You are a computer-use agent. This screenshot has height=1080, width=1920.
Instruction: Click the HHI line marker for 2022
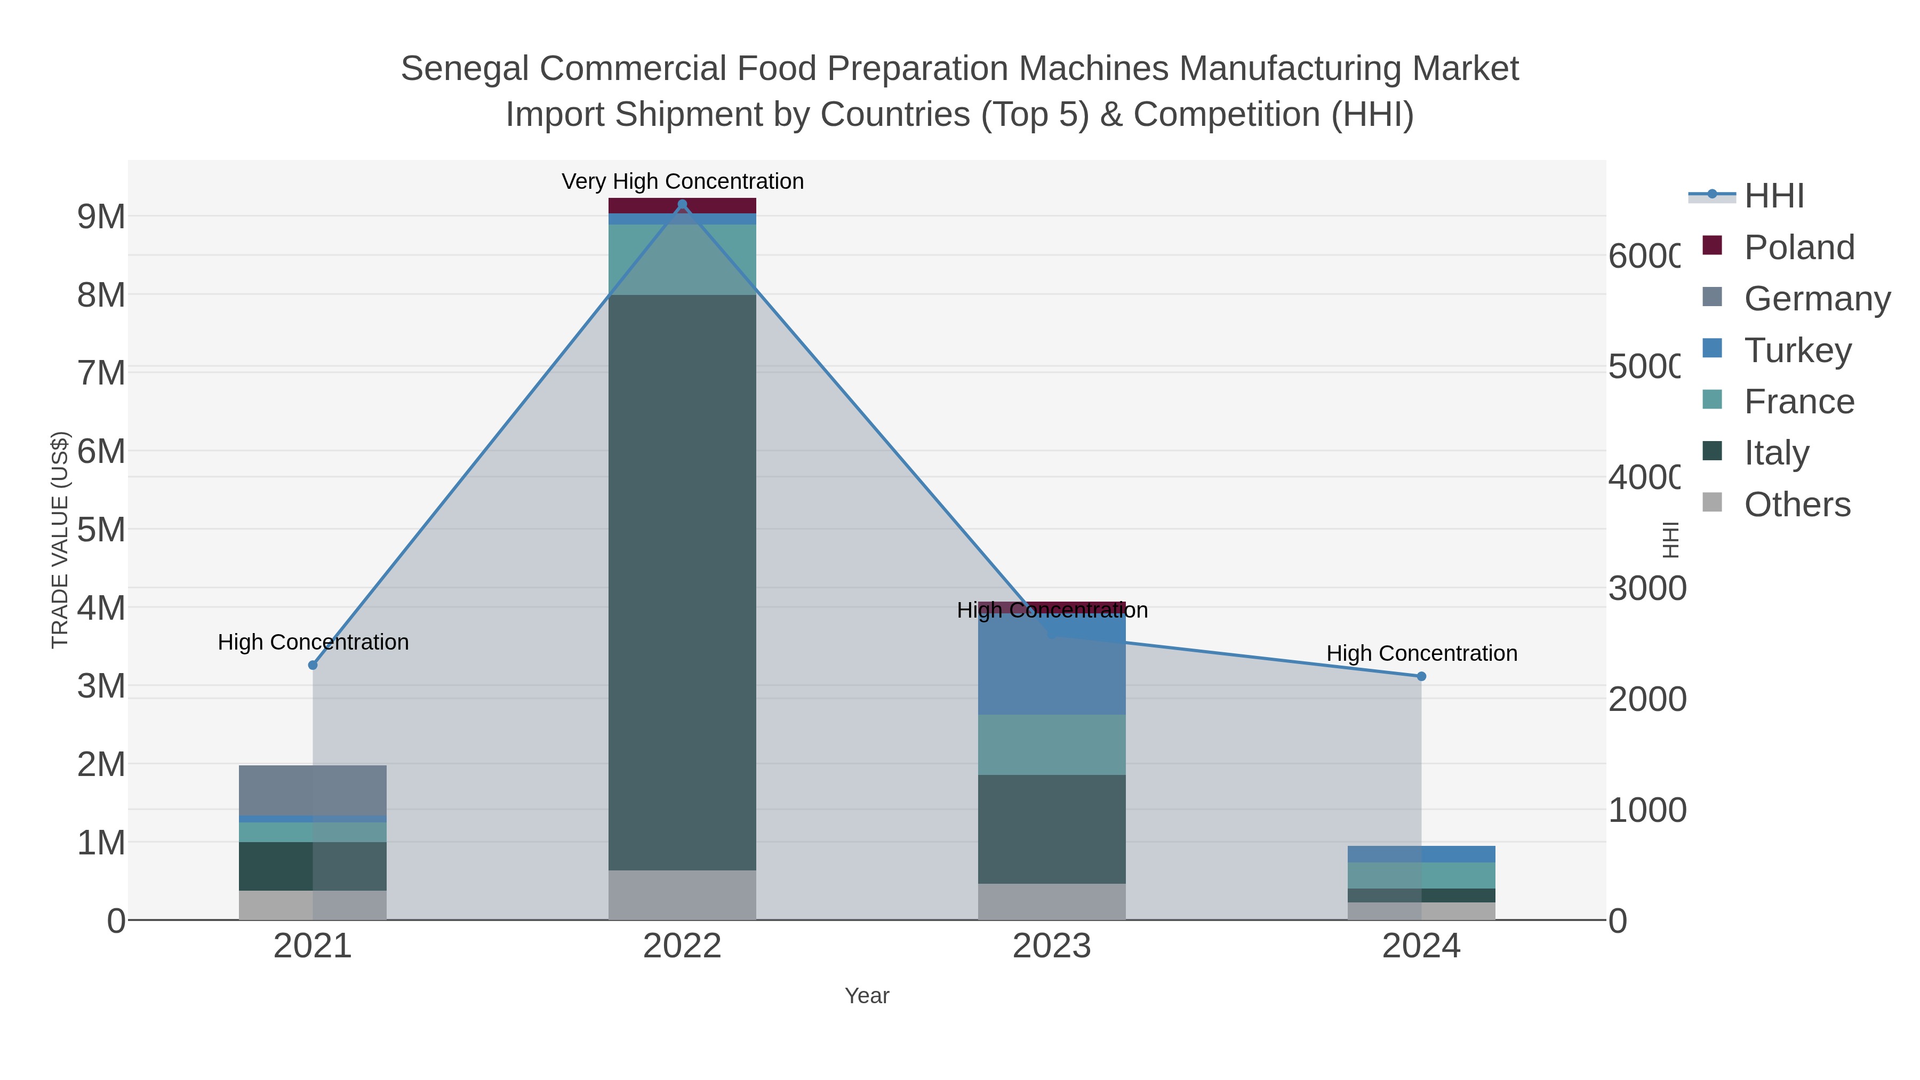(682, 204)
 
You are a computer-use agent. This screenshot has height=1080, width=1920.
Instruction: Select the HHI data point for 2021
(313, 665)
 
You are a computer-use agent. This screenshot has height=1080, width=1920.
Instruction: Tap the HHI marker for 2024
(1421, 676)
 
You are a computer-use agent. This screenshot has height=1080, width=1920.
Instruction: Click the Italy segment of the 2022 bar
(682, 581)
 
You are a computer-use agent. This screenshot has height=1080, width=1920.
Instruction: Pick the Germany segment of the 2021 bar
(313, 790)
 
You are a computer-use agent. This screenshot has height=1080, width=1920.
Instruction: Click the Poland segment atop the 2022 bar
(682, 206)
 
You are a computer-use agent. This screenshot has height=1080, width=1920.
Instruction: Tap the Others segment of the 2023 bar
(1052, 902)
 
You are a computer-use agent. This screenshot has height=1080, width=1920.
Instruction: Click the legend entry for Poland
(1798, 247)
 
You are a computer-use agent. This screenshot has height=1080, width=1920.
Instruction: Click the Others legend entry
(1796, 504)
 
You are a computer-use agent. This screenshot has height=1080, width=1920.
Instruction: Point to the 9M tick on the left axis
(101, 217)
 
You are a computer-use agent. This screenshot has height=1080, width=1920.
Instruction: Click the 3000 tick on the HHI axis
(1646, 588)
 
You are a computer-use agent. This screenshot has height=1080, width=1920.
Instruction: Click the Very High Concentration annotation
(682, 181)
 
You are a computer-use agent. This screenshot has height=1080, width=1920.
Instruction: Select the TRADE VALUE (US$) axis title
(60, 540)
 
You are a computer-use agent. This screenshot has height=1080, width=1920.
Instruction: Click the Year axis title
(867, 996)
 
